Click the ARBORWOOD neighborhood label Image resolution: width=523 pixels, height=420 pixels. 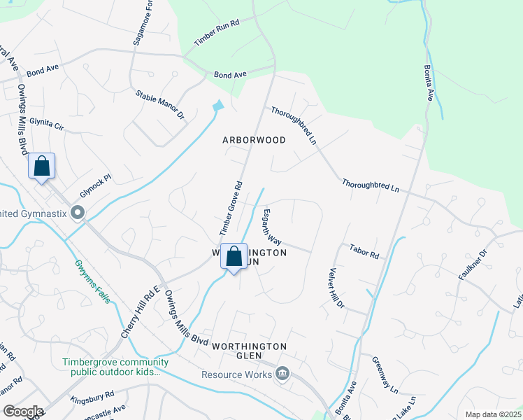(x=254, y=140)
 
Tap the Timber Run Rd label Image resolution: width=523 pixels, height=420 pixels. (x=217, y=32)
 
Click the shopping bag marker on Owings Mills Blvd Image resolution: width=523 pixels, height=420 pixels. (x=42, y=167)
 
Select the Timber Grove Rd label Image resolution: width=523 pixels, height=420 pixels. (x=230, y=208)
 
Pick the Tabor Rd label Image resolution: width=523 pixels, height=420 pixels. (x=364, y=251)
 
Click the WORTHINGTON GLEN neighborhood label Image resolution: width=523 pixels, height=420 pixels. (x=250, y=351)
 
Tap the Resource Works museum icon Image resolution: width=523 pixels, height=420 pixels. (x=282, y=374)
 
